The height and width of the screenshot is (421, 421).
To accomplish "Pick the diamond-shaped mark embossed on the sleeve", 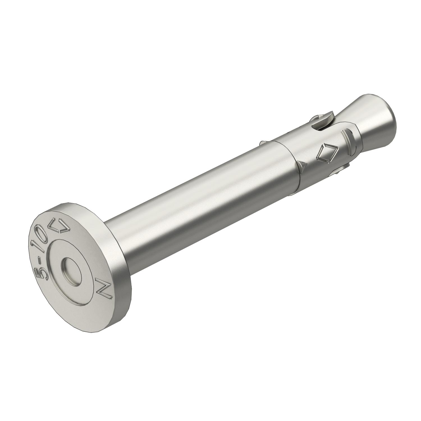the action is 326,154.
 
